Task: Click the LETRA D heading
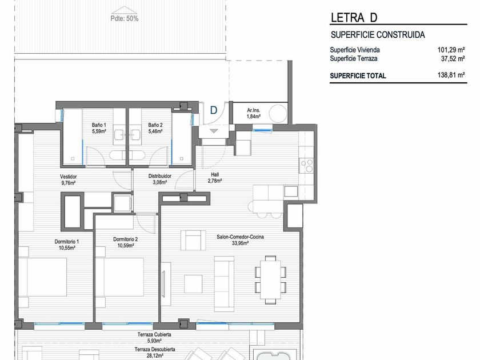pos(354,18)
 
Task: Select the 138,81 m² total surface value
pos(451,75)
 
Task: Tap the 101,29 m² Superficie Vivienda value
pos(451,50)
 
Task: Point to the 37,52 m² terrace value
pos(453,58)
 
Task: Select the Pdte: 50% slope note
pos(125,18)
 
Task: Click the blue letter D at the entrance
pos(213,110)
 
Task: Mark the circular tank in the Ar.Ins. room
pos(278,114)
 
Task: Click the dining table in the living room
pos(271,280)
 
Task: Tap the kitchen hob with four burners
pos(306,166)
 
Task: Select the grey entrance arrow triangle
pos(213,131)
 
